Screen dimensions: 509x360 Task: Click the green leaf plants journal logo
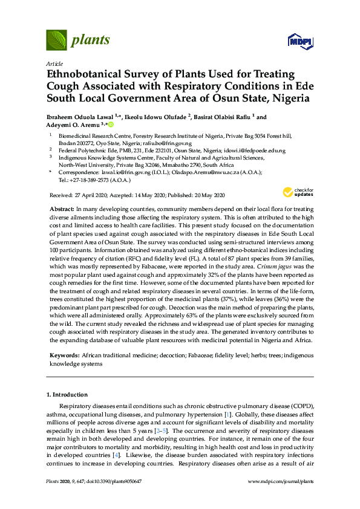(56, 41)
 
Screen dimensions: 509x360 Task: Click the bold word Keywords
(64, 357)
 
